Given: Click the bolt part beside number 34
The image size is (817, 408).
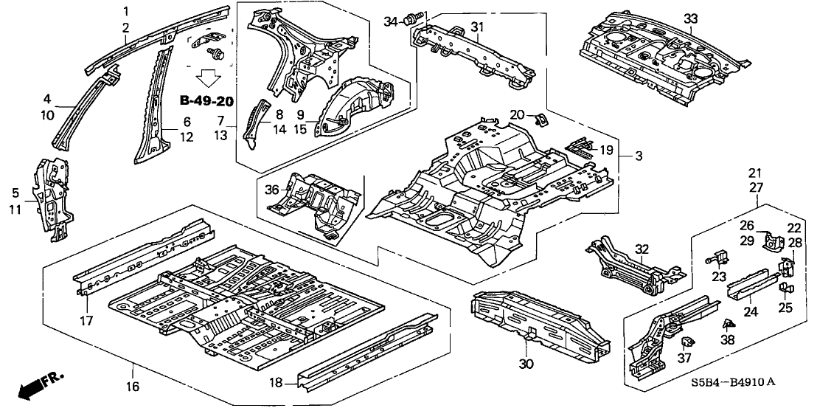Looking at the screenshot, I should click(413, 15).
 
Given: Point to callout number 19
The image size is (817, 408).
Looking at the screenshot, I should click(606, 150).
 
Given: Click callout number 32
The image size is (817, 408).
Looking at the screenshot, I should click(642, 249).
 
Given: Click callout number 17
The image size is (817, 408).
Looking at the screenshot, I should click(86, 321).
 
